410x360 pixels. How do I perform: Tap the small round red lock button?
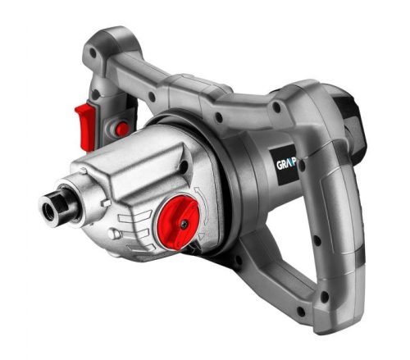tap(121, 129)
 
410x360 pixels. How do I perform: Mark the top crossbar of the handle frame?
tap(205, 78)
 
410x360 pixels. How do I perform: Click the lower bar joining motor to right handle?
tap(271, 271)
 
